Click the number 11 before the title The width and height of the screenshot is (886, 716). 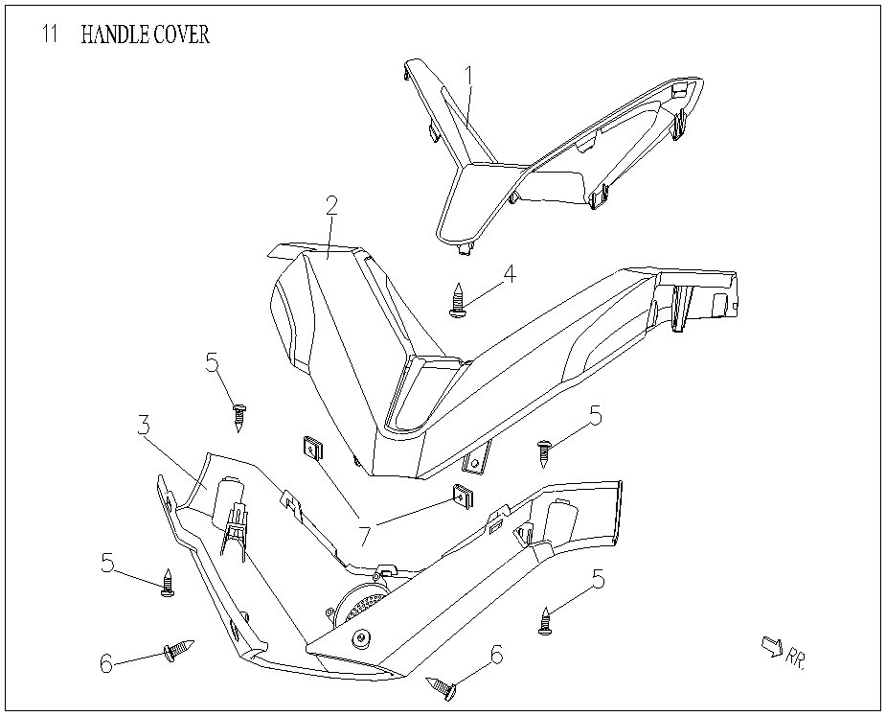51,35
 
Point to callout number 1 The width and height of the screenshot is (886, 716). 469,74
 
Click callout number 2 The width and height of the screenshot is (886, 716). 331,206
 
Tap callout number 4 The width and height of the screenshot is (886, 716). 509,274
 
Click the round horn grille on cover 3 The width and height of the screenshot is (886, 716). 359,605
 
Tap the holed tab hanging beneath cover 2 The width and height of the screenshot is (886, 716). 475,462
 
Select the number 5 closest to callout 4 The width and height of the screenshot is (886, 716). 595,416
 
